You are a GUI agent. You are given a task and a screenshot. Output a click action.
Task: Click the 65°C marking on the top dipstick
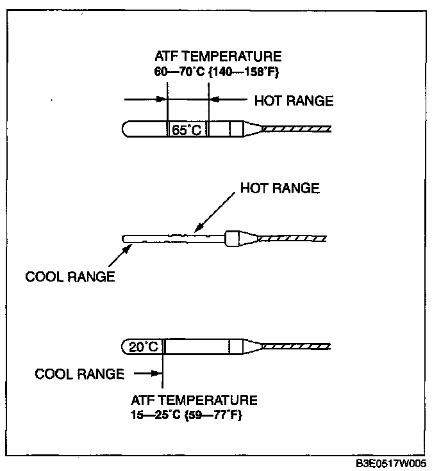click(x=187, y=130)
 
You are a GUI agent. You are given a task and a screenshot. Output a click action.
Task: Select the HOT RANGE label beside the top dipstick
click(x=294, y=100)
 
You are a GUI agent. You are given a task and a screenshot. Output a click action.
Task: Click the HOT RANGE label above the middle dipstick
click(x=279, y=188)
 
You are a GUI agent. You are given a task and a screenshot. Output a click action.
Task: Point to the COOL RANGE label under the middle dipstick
click(x=70, y=277)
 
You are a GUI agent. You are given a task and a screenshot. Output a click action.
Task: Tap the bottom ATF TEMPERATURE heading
click(x=194, y=401)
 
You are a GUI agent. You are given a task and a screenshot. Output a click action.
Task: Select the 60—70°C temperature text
click(x=180, y=72)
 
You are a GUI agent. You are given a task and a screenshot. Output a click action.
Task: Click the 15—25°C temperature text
click(x=158, y=415)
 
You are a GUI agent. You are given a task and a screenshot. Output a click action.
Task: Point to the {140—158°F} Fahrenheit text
click(x=247, y=72)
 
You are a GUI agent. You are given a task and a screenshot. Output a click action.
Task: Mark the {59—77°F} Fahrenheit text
click(x=215, y=415)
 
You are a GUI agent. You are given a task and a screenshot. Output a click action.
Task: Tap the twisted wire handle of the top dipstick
click(x=299, y=129)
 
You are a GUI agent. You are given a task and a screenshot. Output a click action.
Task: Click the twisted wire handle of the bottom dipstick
click(x=299, y=346)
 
